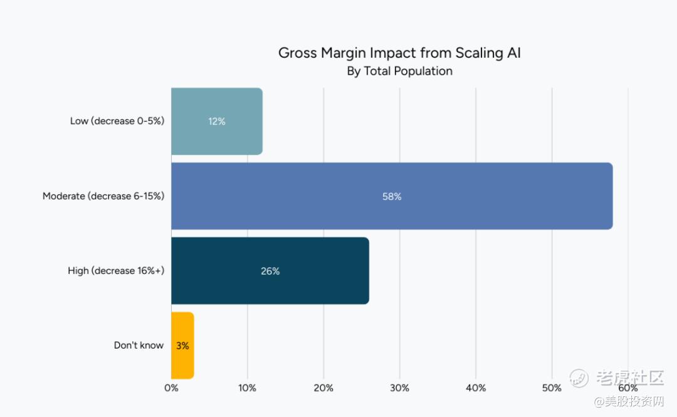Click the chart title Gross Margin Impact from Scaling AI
(399, 53)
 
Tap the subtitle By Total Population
(399, 71)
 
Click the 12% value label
(217, 122)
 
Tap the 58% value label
(392, 196)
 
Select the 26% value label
(270, 271)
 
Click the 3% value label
(182, 346)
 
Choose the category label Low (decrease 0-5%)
(117, 121)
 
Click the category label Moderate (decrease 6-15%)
(103, 196)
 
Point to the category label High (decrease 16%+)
(116, 271)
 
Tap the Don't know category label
(139, 346)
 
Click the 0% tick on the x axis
(171, 388)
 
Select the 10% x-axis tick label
(247, 388)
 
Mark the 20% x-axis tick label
(323, 388)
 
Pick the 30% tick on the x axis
(399, 388)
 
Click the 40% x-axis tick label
(476, 388)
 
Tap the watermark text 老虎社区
(629, 377)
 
